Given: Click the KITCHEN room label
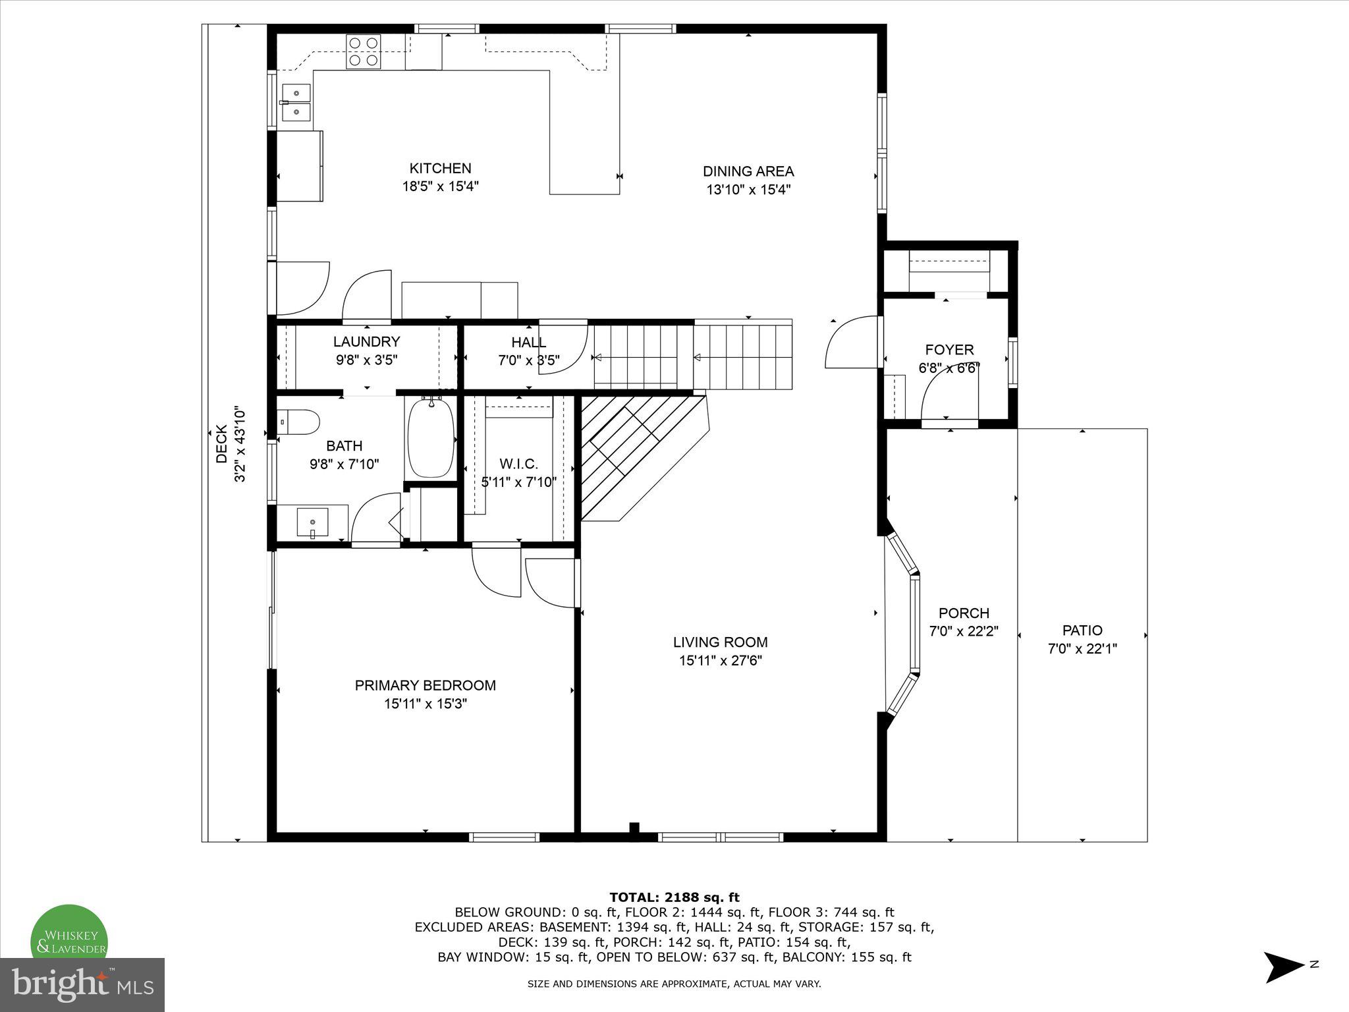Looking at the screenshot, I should pyautogui.click(x=440, y=169).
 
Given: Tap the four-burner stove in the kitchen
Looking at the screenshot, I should pyautogui.click(x=363, y=51).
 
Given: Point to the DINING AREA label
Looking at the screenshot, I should pyautogui.click(x=748, y=171).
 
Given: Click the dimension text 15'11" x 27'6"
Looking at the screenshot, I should pyautogui.click(x=720, y=661).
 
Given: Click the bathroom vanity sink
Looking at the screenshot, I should pyautogui.click(x=312, y=523).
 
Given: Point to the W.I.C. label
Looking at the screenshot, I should pyautogui.click(x=518, y=464).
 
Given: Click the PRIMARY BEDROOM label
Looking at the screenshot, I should pyautogui.click(x=425, y=685).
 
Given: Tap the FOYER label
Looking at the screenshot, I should pyautogui.click(x=949, y=350).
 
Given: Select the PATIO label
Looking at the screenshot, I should pyautogui.click(x=1082, y=630).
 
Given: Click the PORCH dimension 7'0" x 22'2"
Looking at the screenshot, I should pyautogui.click(x=964, y=631).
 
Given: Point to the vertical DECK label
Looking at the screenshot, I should pyautogui.click(x=222, y=444).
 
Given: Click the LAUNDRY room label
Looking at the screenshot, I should pyautogui.click(x=366, y=341).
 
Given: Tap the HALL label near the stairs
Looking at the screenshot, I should pyautogui.click(x=528, y=342).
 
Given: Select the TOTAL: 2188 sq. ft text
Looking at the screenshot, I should pyautogui.click(x=674, y=897).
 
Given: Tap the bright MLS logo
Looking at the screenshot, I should pyautogui.click(x=82, y=984).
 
